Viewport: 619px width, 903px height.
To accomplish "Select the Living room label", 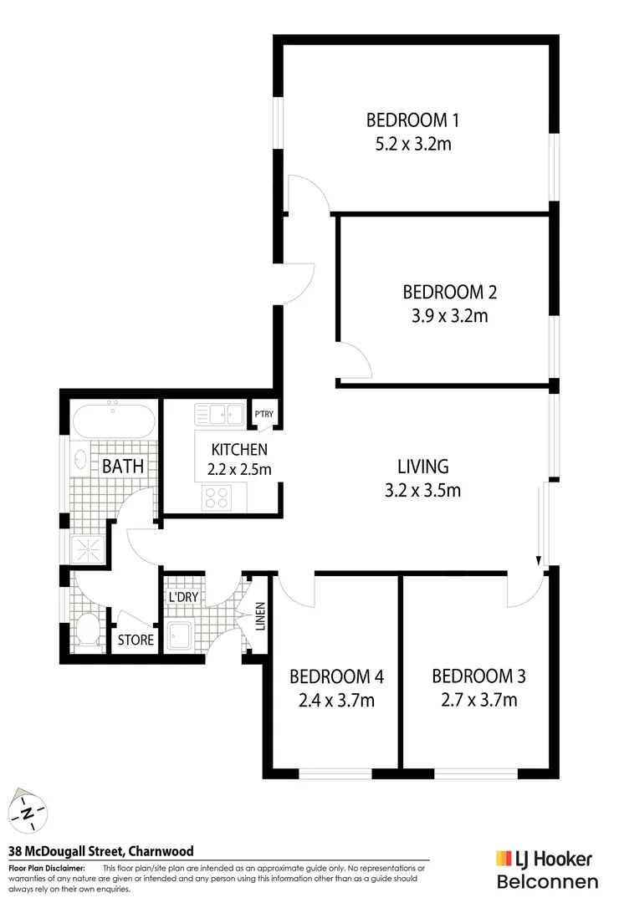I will (x=422, y=467).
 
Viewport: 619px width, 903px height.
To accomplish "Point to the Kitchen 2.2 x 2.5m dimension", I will (x=239, y=470).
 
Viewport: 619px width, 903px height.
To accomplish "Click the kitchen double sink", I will (x=219, y=414).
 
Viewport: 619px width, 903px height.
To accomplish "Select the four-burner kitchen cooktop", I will (x=217, y=497).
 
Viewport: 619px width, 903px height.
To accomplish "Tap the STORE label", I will (x=136, y=640).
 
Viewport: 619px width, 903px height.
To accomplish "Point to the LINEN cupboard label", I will (x=259, y=618).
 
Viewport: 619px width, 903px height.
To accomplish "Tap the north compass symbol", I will (x=28, y=811).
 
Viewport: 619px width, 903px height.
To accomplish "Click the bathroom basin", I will (x=81, y=459).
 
